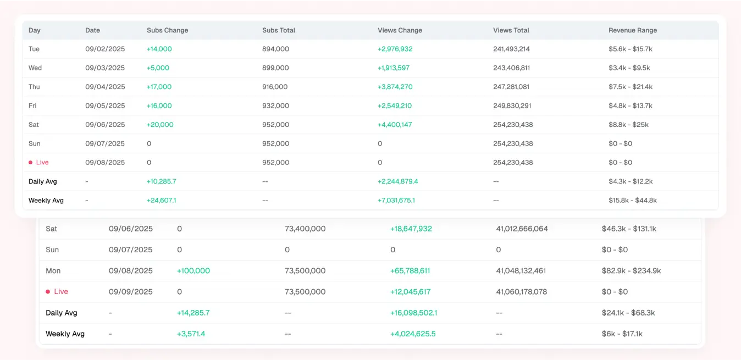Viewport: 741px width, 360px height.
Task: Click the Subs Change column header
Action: (x=167, y=30)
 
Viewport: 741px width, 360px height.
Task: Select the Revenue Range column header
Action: (x=633, y=30)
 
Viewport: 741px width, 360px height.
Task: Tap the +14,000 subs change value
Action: (x=159, y=49)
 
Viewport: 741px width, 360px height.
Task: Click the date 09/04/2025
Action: (x=105, y=87)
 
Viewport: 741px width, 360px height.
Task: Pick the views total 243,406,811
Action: (x=511, y=68)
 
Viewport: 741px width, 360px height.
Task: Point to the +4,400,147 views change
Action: (x=395, y=125)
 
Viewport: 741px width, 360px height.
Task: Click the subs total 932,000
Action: (x=275, y=106)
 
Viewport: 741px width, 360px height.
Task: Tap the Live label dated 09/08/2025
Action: (x=42, y=163)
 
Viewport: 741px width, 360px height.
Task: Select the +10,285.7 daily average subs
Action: (x=161, y=181)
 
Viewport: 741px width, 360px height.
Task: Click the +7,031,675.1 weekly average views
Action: (x=396, y=201)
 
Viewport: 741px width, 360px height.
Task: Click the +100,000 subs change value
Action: (x=193, y=271)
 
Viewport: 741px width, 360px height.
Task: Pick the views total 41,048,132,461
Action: (x=521, y=271)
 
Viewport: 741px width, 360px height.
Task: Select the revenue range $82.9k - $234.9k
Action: (x=631, y=271)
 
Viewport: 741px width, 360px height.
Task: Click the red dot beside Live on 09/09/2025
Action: (x=48, y=292)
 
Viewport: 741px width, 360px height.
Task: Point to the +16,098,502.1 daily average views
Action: (x=413, y=313)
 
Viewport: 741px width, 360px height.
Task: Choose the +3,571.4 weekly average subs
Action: (x=191, y=334)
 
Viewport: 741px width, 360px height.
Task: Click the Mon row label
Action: (x=53, y=271)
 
